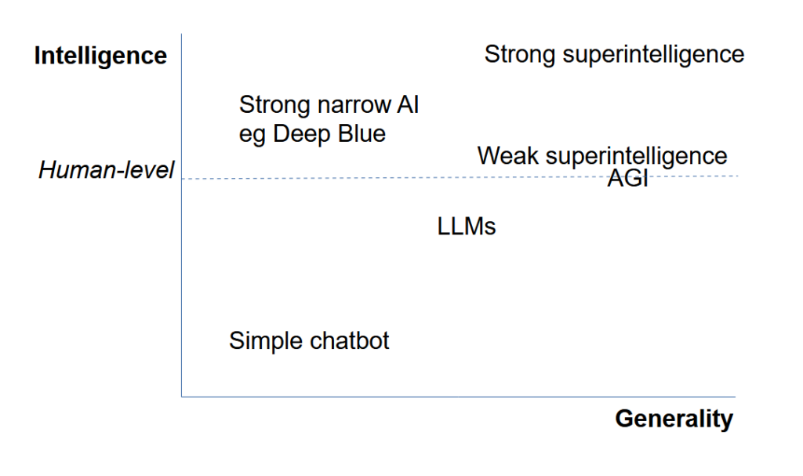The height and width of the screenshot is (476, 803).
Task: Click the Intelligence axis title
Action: [100, 56]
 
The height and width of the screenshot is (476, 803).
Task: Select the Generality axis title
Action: [674, 419]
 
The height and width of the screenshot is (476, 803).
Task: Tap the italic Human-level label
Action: [106, 170]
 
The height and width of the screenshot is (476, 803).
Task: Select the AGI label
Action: [627, 179]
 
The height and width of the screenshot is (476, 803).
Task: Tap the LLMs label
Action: [467, 227]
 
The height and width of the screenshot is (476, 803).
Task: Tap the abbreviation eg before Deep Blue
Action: [253, 135]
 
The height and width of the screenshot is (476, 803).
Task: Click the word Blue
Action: [362, 134]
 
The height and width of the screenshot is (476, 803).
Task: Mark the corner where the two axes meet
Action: [181, 396]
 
